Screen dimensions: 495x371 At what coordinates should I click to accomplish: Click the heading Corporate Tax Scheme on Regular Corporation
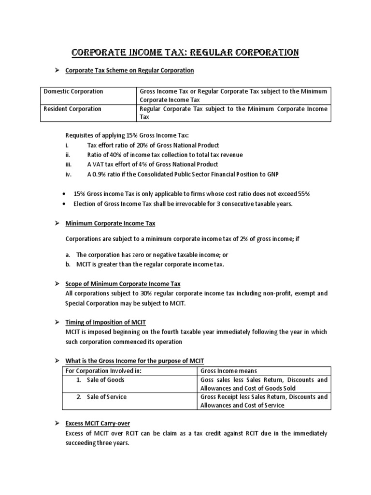click(129, 71)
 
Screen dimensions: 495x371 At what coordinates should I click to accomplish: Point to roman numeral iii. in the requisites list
click(69, 165)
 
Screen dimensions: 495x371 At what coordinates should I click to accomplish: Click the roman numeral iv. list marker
click(69, 175)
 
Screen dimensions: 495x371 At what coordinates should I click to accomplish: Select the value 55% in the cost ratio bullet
click(303, 194)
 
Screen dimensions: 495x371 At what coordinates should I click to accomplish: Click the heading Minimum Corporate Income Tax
click(110, 223)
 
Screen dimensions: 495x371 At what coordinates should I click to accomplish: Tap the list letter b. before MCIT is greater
click(68, 264)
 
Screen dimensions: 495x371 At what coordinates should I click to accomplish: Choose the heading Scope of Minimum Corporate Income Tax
click(123, 284)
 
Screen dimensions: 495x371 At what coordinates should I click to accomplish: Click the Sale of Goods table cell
click(105, 380)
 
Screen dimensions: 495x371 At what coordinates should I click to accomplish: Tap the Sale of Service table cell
click(106, 397)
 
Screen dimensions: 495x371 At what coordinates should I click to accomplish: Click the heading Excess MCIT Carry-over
click(98, 423)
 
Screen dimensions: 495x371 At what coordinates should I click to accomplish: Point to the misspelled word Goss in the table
click(207, 380)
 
